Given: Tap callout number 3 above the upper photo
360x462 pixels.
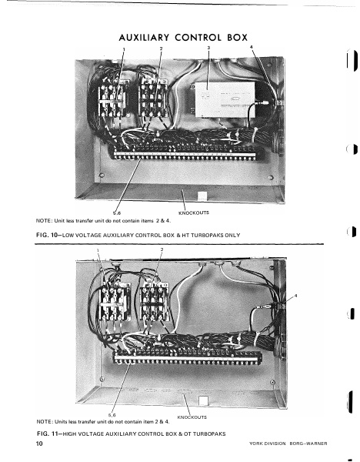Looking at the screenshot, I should pyautogui.click(x=208, y=48).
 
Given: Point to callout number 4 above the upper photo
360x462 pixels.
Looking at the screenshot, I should pyautogui.click(x=252, y=48).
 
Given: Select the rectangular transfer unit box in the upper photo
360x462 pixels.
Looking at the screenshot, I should pyautogui.click(x=232, y=99).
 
